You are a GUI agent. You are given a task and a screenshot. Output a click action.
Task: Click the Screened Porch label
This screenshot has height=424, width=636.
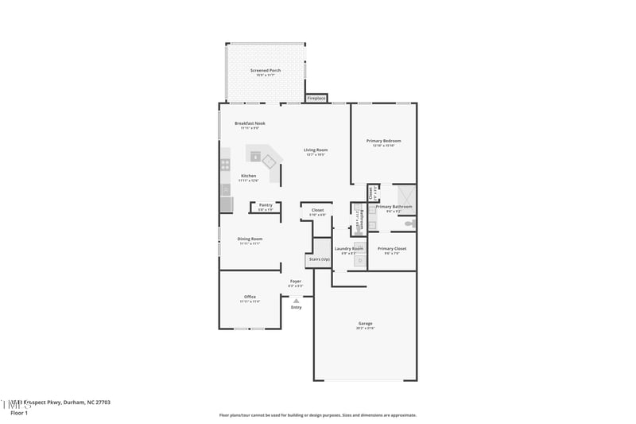point(266,70)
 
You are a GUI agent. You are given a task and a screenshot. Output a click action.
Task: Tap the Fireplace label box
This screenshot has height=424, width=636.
point(316,98)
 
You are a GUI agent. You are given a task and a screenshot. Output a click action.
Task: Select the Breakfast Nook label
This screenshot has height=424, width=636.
point(250,123)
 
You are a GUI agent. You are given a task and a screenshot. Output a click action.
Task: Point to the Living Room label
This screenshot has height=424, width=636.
point(316,150)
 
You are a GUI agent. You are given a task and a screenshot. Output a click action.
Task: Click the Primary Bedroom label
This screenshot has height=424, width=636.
point(383,141)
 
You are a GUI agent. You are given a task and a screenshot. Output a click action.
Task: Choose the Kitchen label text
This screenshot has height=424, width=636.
point(249,175)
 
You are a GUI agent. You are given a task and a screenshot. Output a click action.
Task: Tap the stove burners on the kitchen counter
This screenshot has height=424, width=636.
point(225,165)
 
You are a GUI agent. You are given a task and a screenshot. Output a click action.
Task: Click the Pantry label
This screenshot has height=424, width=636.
point(266,205)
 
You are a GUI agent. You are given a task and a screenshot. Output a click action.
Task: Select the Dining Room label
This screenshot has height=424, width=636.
point(250,239)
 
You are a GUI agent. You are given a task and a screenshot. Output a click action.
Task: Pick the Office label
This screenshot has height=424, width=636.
point(250,297)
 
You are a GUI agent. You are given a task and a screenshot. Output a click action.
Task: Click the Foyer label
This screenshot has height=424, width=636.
point(295,281)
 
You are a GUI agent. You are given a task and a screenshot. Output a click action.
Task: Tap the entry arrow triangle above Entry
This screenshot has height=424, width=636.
point(296,301)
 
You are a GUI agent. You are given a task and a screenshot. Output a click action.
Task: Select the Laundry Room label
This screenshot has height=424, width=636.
point(349,248)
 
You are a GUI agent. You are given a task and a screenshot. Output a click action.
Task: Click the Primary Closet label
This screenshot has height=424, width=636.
point(392,248)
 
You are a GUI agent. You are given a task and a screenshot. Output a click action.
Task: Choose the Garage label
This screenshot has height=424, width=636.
point(365,323)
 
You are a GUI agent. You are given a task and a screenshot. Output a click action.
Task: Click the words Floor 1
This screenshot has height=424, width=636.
point(19,414)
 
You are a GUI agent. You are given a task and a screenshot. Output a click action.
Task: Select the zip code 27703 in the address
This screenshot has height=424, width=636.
point(101,403)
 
